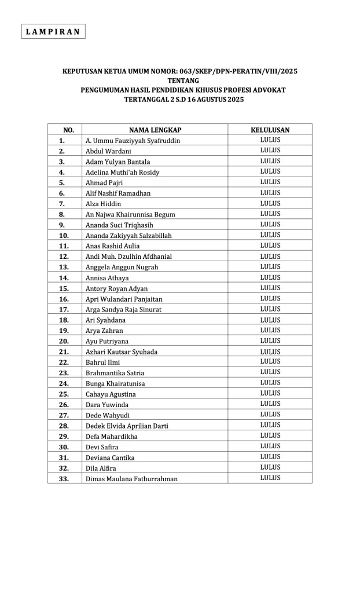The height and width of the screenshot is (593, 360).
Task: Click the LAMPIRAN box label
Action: (53, 31)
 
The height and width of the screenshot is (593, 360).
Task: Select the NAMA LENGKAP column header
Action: (155, 130)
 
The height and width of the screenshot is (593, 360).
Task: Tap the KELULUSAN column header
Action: (270, 130)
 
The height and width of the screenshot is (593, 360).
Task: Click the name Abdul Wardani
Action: (108, 151)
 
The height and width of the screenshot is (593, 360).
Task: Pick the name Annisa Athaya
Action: (107, 278)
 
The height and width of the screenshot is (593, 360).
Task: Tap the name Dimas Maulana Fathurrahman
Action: (131, 479)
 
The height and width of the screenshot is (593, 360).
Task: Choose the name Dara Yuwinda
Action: (107, 405)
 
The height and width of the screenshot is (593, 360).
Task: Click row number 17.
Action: (64, 310)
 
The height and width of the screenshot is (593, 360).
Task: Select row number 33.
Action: (64, 479)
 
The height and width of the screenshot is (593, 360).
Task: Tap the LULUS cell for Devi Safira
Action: (270, 446)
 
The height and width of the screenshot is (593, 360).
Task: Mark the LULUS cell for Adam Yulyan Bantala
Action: (270, 162)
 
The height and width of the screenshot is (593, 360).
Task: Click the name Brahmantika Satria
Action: (115, 373)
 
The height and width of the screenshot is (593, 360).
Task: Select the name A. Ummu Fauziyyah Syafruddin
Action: (133, 141)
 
